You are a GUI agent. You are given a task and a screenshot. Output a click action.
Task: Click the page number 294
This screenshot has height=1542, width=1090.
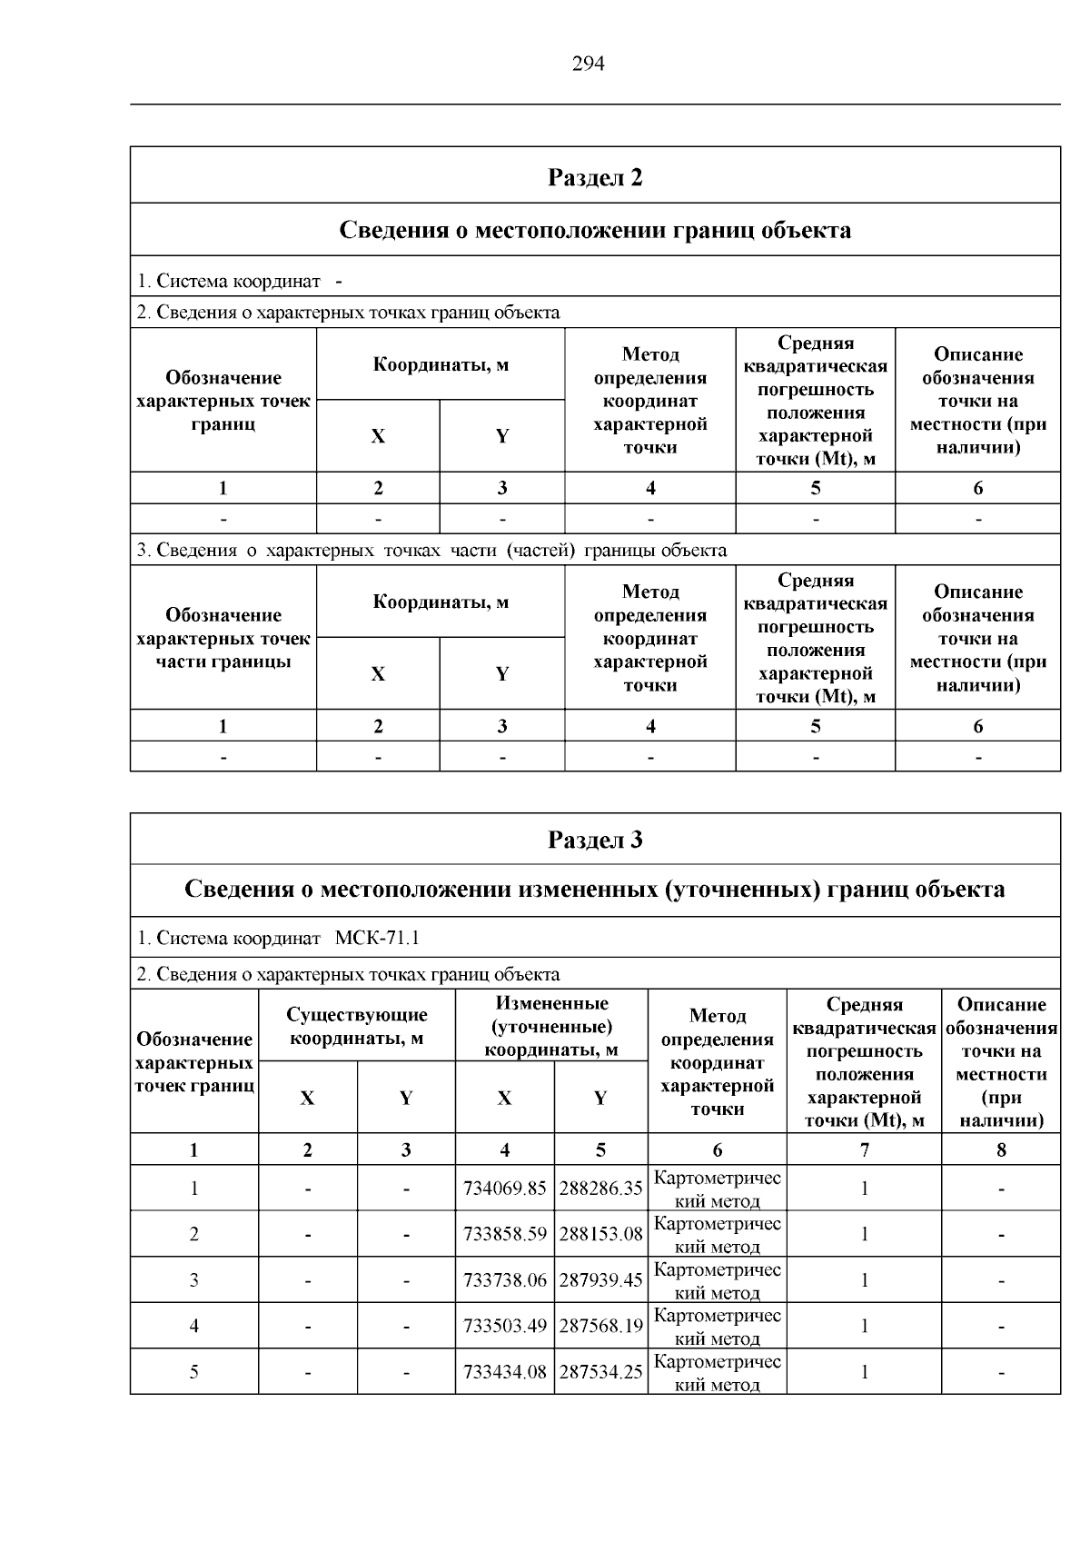pos(588,63)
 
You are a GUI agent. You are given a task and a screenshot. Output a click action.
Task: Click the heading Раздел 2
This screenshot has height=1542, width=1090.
pos(595,176)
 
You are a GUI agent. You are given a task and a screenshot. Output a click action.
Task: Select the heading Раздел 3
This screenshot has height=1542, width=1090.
pos(595,839)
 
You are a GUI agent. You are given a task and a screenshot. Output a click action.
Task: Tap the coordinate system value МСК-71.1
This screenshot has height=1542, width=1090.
pos(377,938)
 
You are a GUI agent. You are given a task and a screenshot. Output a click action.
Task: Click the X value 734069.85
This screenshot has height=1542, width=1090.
pos(505,1189)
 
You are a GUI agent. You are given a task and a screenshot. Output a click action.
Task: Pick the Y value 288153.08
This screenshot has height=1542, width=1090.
pos(600,1234)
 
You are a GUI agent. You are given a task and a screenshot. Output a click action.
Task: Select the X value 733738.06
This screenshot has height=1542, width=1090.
pos(505,1280)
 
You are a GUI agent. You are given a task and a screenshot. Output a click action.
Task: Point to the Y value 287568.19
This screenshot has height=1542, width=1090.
pos(600,1326)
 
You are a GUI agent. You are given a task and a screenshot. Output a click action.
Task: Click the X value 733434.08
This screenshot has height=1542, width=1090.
pos(505,1372)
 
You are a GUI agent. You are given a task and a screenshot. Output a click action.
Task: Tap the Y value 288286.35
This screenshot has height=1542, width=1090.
pos(600,1189)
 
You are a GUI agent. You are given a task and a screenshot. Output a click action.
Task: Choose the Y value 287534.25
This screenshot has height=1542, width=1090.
pos(600,1372)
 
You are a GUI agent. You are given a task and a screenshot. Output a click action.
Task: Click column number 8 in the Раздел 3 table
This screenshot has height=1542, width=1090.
pos(1001,1149)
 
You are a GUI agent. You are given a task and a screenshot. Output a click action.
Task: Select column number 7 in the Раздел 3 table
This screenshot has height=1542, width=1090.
pos(864,1149)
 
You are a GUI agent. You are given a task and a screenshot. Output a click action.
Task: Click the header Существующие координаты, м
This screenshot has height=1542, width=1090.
pos(357,1026)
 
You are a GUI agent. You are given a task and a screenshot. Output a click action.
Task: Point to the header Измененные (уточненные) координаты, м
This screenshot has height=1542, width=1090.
pos(551,1026)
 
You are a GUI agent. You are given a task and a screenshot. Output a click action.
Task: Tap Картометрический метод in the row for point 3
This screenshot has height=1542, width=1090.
pos(717,1280)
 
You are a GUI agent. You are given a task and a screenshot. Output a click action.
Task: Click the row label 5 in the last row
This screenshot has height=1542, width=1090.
pos(193,1372)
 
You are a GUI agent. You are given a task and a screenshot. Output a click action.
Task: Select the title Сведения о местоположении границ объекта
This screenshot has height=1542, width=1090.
pos(595,230)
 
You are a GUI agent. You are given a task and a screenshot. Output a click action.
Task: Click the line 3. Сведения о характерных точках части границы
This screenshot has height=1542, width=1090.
pos(431,551)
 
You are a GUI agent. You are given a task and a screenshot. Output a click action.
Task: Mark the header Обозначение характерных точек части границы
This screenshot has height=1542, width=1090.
pos(223,638)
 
